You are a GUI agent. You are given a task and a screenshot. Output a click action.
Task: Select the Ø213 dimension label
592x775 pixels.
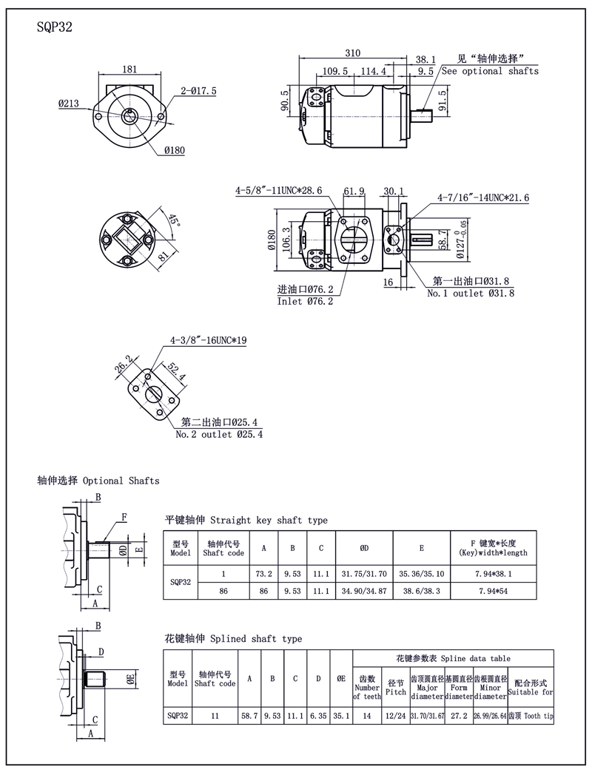[69, 104]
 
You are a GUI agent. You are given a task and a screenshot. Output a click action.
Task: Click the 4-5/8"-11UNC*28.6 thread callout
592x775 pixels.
[279, 191]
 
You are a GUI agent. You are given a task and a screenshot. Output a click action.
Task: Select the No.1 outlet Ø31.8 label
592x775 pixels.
[470, 293]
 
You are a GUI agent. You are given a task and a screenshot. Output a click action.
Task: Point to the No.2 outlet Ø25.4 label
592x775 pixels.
[218, 434]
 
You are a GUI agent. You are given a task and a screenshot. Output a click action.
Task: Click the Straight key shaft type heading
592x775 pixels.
[246, 520]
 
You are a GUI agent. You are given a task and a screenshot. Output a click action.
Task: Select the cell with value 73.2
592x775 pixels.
[264, 573]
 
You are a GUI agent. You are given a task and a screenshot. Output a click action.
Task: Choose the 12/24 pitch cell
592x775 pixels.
[396, 716]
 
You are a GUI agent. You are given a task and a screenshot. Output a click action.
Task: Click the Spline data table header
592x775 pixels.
[453, 657]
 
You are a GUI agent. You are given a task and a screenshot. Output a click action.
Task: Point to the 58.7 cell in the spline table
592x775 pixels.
[249, 716]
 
